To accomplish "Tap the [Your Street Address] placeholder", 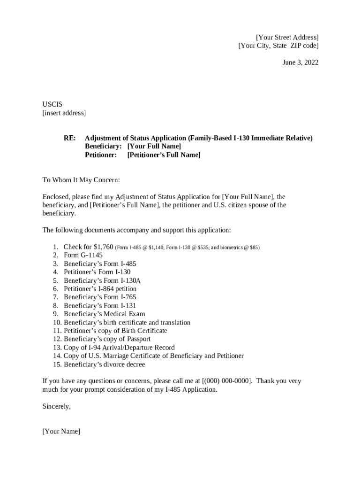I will click(x=287, y=37).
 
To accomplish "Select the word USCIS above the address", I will click(x=53, y=104).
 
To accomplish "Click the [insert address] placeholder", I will click(x=64, y=113).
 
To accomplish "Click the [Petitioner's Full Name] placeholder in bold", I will click(x=164, y=155).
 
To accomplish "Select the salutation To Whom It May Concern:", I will click(x=81, y=180).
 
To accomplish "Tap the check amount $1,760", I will click(x=103, y=247).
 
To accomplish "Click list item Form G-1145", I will click(x=83, y=255).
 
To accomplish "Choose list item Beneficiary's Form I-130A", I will click(x=102, y=280).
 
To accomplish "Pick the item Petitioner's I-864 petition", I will click(x=100, y=289).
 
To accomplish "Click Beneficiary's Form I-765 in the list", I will click(x=100, y=297).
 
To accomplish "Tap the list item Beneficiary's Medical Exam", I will click(x=105, y=314).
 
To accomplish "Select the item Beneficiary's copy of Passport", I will click(x=107, y=339).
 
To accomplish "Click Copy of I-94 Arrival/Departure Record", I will click(x=119, y=348).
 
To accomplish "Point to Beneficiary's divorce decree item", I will click(x=105, y=365).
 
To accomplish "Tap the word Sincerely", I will click(x=56, y=407).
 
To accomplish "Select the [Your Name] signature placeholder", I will click(x=61, y=431).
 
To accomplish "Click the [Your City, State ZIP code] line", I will click(x=278, y=46).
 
